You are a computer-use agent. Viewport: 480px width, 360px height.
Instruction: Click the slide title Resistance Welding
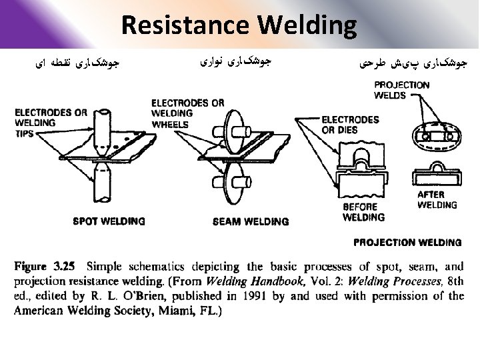click(239, 25)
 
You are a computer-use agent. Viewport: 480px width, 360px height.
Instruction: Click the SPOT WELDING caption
click(109, 221)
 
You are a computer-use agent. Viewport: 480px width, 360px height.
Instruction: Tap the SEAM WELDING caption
click(251, 221)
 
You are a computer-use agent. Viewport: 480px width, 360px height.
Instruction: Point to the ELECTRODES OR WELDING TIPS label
click(51, 123)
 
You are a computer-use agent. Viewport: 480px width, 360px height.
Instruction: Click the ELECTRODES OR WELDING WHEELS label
click(187, 113)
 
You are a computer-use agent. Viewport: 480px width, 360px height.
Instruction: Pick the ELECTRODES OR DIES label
click(350, 125)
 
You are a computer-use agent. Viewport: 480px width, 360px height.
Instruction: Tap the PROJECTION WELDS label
click(401, 90)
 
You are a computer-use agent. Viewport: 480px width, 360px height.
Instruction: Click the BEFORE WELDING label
click(363, 212)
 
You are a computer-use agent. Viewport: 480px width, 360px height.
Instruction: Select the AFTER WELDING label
click(437, 200)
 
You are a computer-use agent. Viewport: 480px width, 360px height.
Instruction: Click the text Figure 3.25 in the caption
click(45, 266)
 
